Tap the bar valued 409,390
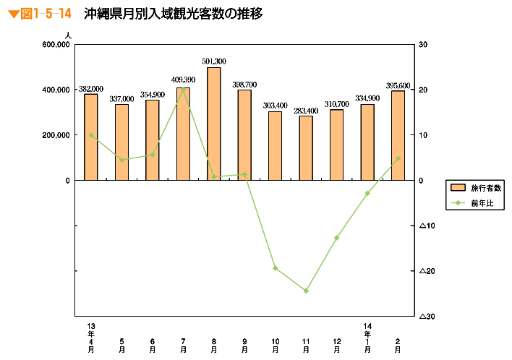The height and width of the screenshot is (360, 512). coord(183,134)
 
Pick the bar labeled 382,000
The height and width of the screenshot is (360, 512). coord(91,137)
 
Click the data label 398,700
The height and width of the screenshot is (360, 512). coord(244,85)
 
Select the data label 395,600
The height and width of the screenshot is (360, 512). coord(398,85)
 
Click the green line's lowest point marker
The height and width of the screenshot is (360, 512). coord(306,291)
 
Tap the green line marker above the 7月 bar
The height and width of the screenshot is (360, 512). coord(183,89)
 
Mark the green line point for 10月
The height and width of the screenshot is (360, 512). coord(276,268)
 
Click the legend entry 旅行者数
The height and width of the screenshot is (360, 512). coord(474,187)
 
